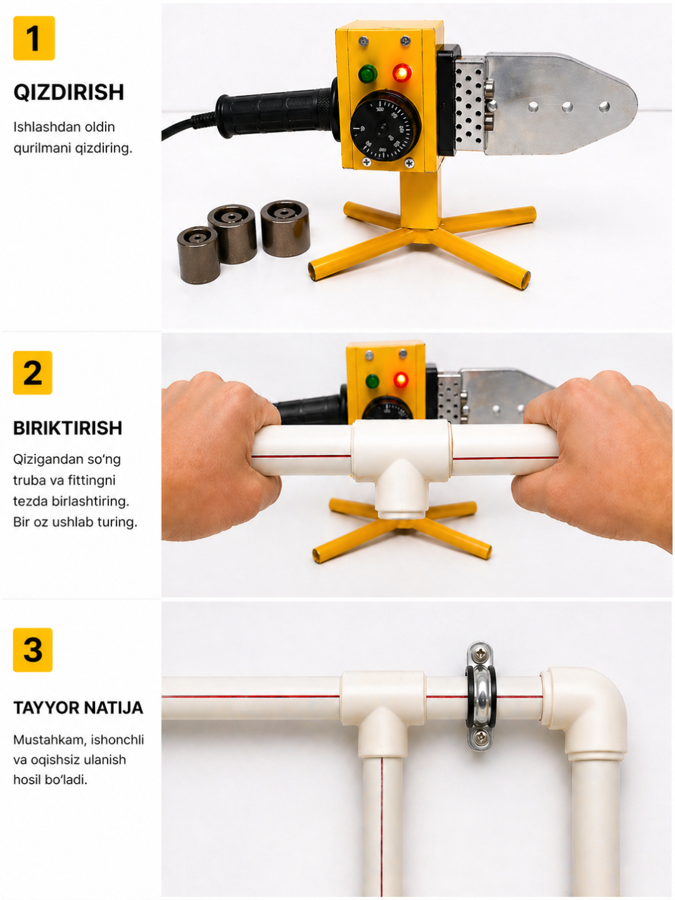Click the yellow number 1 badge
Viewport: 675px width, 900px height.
(34, 38)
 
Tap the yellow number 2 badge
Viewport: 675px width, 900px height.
(32, 372)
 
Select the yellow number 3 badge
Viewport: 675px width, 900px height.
(32, 650)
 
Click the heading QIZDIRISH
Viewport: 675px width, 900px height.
(69, 92)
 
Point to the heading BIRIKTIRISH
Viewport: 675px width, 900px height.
(67, 428)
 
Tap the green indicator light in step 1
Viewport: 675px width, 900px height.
(367, 74)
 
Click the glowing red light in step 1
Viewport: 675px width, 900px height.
(402, 73)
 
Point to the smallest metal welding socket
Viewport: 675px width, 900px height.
(199, 254)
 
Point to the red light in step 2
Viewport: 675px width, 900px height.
(401, 379)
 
